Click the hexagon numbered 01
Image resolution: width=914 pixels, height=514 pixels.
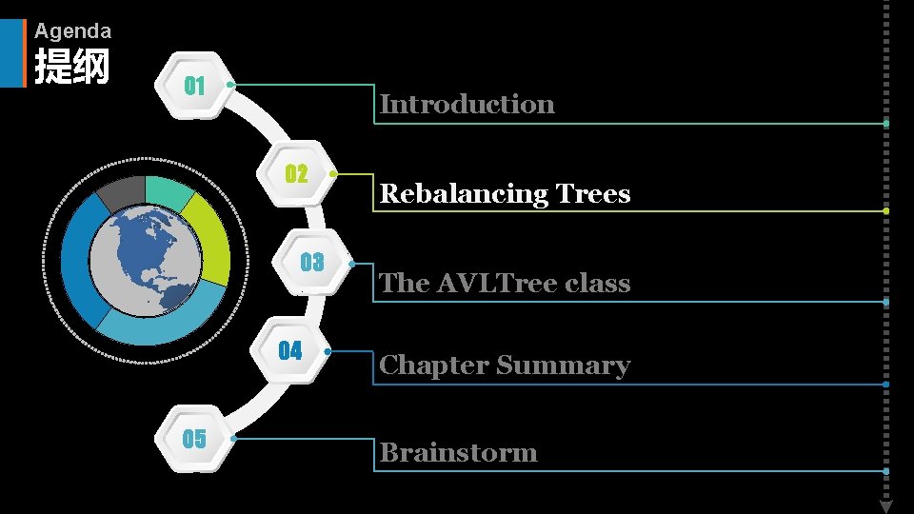point(196,86)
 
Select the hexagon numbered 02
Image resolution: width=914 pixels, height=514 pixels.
point(297,174)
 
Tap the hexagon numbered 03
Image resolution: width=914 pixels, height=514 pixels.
point(311,263)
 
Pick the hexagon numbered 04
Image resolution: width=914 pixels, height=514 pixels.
point(289,351)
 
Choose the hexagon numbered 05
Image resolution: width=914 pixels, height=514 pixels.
point(194,439)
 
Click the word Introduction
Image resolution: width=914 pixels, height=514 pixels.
point(467,104)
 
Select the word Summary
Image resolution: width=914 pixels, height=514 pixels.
point(563,366)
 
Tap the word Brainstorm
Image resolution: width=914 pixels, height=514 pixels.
point(458,452)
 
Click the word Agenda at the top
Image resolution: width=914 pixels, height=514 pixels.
point(72,30)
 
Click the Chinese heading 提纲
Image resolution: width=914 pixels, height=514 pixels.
point(71,68)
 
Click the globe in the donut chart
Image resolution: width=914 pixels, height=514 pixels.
point(146,260)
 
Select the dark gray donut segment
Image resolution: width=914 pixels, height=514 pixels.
point(120,192)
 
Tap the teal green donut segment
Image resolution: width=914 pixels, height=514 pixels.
point(169,191)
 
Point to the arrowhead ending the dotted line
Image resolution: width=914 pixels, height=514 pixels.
point(885,505)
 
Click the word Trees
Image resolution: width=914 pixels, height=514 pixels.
point(593,194)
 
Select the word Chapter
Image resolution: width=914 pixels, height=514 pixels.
point(433,366)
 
